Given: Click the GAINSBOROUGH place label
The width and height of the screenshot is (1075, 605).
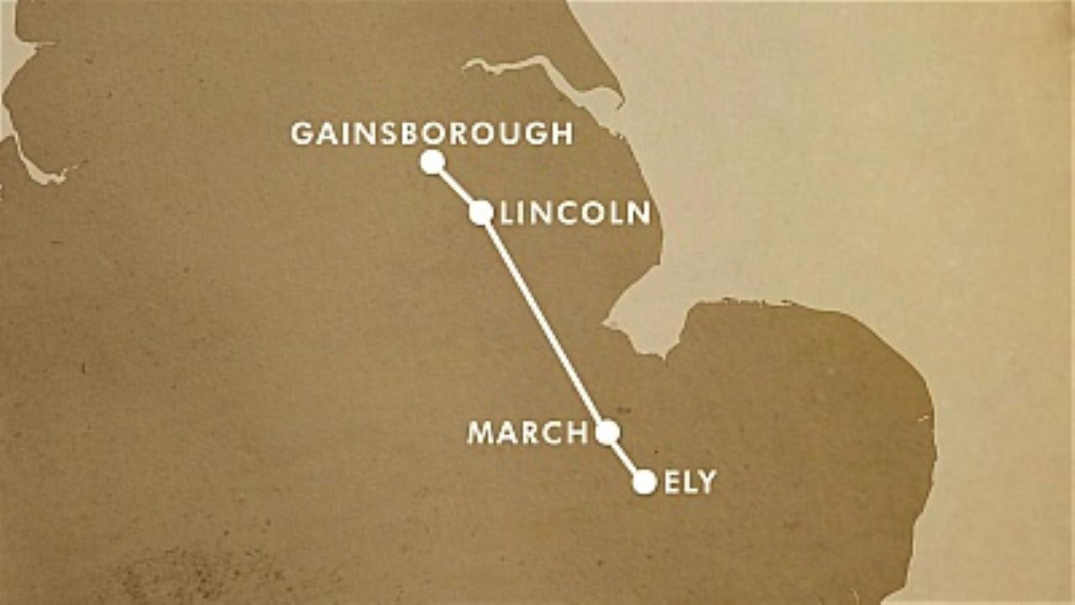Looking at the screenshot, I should click(432, 134).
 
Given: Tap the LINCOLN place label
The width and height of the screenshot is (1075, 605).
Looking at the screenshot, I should click(575, 213).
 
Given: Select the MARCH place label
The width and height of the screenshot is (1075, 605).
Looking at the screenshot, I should click(527, 433).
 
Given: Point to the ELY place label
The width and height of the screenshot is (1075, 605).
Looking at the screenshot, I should click(690, 482).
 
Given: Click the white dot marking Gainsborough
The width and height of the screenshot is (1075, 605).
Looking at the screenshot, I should click(433, 162).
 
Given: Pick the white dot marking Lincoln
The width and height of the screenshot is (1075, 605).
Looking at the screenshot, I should click(480, 213).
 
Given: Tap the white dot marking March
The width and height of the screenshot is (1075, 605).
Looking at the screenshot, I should click(607, 432).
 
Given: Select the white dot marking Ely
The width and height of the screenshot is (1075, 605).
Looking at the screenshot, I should click(644, 481).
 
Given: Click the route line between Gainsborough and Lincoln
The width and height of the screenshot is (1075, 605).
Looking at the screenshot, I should click(456, 187).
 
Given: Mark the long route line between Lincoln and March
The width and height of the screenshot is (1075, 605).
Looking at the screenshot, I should click(544, 323).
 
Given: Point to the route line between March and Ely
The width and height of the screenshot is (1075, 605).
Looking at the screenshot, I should click(626, 457).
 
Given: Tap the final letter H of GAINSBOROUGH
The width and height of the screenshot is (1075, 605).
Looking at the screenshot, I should click(563, 134).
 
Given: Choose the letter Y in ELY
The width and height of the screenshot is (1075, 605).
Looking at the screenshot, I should click(707, 482).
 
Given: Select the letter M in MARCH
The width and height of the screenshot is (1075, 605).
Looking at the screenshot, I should click(480, 433).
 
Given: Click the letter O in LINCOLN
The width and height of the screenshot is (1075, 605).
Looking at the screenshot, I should click(600, 213).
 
